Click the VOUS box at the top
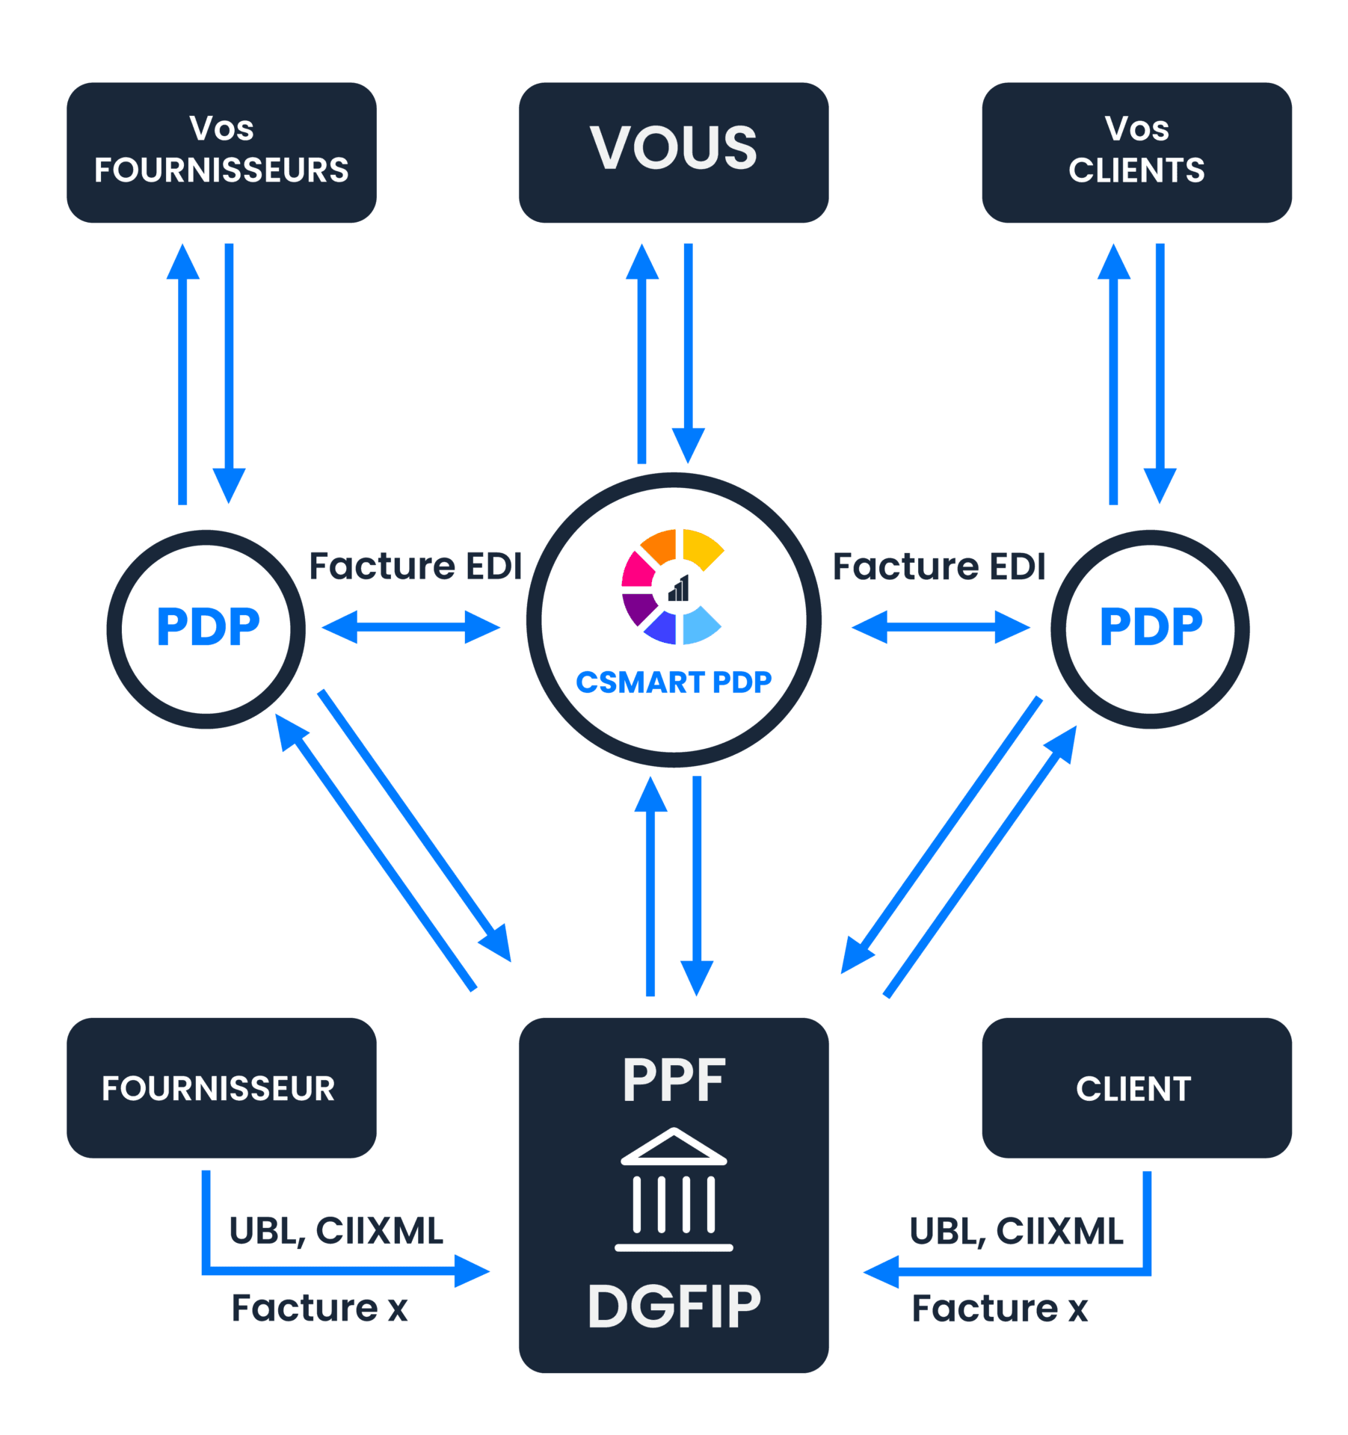(x=673, y=152)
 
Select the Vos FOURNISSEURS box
(x=221, y=152)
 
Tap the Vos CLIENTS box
(x=1136, y=152)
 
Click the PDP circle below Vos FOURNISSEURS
(x=206, y=628)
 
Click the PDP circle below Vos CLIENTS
(x=1150, y=628)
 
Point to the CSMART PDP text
(x=673, y=682)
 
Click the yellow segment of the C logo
(x=701, y=548)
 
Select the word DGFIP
(x=674, y=1306)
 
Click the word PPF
(x=674, y=1080)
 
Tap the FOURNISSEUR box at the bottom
(x=221, y=1087)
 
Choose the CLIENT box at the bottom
(x=1136, y=1087)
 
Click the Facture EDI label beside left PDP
(x=415, y=566)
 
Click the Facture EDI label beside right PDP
(x=938, y=566)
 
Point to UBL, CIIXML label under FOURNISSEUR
(x=336, y=1231)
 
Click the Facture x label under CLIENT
(x=1000, y=1308)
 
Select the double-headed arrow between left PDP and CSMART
(x=411, y=627)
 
